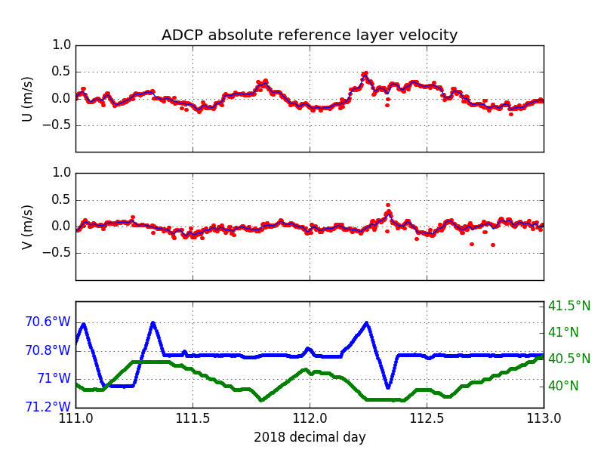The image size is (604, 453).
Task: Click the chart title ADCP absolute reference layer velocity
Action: tap(310, 35)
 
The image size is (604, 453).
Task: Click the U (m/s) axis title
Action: tap(28, 99)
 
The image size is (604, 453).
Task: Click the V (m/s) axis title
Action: tap(28, 226)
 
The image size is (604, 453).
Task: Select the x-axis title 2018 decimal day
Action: tap(310, 437)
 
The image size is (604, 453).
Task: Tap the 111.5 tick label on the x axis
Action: tap(193, 418)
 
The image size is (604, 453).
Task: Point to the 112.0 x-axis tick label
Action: tap(310, 418)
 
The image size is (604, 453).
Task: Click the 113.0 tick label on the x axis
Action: tap(543, 418)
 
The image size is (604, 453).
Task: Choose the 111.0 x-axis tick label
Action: tap(75, 418)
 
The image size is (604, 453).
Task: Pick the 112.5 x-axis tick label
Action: tap(427, 418)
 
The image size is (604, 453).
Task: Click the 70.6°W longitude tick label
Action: tap(48, 322)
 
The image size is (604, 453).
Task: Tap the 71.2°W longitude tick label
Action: tap(48, 407)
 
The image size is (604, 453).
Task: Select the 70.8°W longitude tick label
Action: tap(48, 350)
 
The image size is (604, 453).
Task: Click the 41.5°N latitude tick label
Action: tap(569, 306)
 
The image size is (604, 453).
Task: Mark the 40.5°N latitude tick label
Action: tap(569, 359)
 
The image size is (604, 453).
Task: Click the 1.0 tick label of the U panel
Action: tap(62, 45)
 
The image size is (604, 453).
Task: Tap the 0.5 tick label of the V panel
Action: tap(62, 199)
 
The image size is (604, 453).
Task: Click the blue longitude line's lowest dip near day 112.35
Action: tap(388, 387)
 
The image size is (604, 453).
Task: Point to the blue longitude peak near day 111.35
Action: tap(153, 323)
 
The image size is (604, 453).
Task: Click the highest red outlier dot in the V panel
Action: tap(388, 205)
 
